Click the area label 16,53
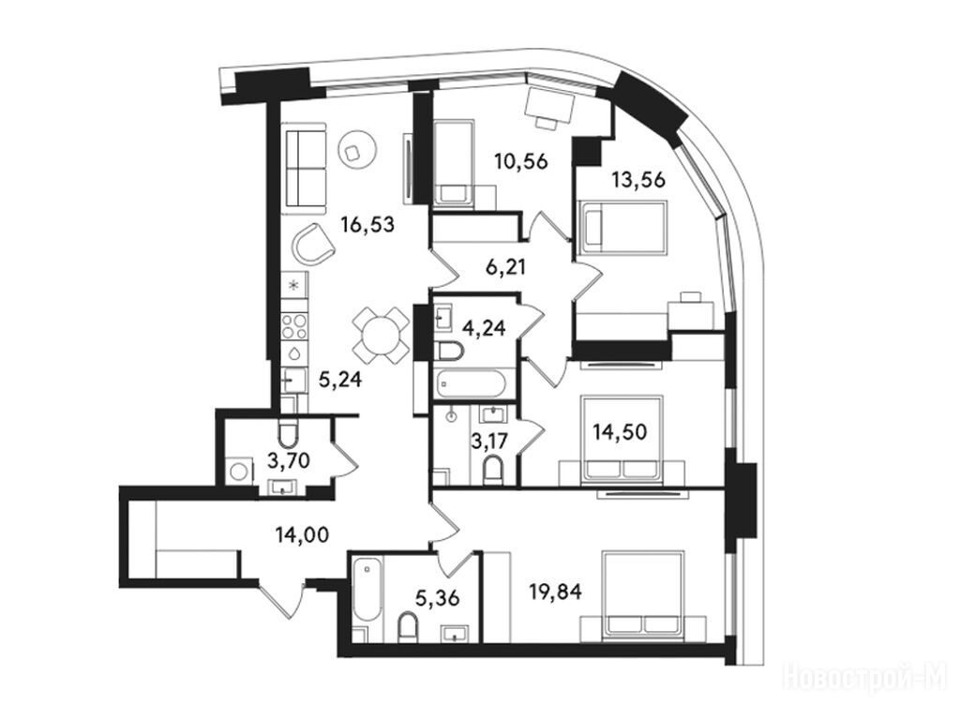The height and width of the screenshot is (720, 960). point(367,225)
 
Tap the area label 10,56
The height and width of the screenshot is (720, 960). point(521,161)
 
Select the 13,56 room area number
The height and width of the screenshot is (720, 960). point(638,180)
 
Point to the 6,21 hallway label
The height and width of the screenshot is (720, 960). point(505,267)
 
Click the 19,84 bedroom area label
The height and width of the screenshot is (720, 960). point(555,592)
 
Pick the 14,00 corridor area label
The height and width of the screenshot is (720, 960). point(302,535)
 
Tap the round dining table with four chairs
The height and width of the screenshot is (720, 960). point(381,336)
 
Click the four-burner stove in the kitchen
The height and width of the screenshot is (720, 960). point(293,326)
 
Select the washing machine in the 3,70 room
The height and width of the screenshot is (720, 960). point(238,472)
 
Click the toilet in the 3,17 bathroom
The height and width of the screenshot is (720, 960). point(492,471)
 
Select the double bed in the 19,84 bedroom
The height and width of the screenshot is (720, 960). point(642,592)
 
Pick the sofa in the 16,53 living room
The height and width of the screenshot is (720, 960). point(304,165)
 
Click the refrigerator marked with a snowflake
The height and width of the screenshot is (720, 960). point(293,284)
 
